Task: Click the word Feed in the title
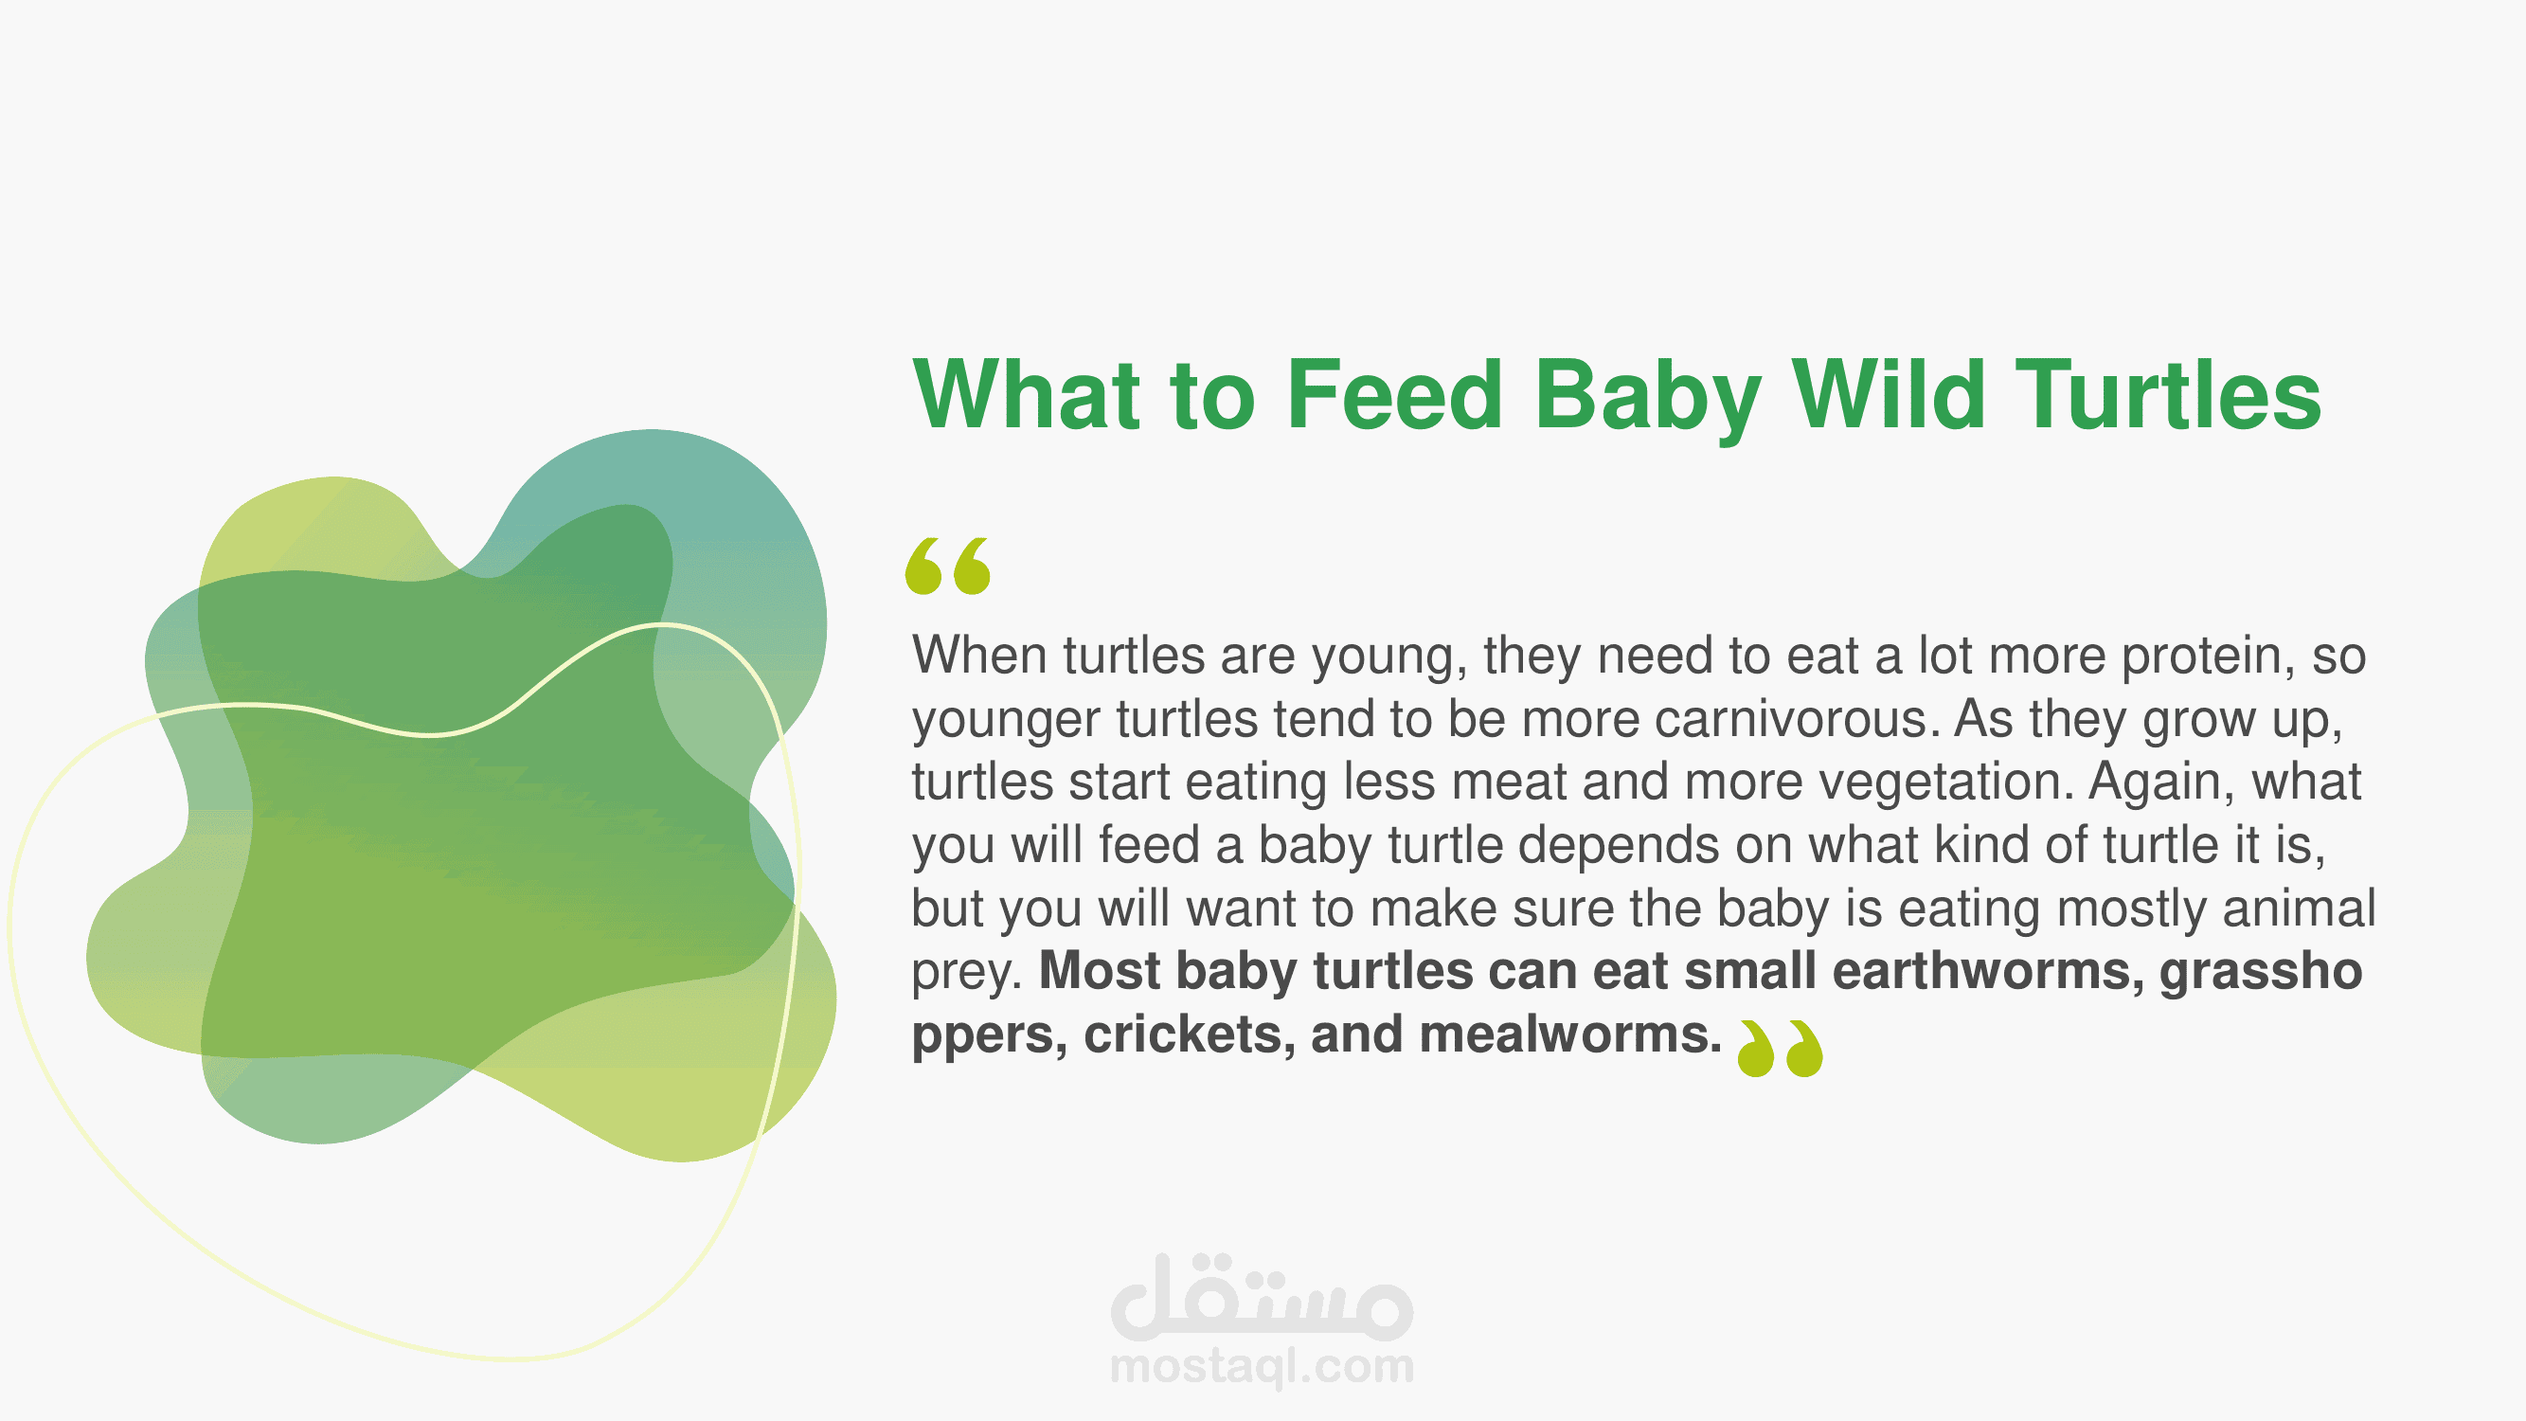(x=1394, y=394)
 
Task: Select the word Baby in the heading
(x=1647, y=398)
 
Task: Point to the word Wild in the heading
(x=1889, y=394)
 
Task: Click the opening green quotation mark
(x=947, y=566)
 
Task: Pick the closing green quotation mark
(x=1780, y=1049)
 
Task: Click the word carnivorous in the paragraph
(x=1797, y=719)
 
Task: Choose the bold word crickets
(x=1189, y=1036)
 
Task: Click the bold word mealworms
(x=1570, y=1034)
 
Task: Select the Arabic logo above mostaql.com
(x=1262, y=1297)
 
